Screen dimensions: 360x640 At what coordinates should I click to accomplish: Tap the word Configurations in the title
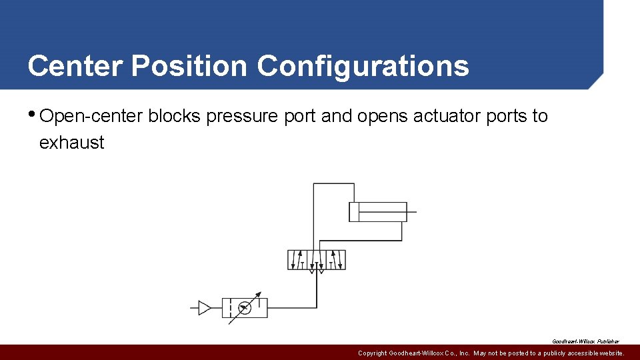[363, 66]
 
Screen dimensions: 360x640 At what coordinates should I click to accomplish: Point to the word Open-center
[91, 116]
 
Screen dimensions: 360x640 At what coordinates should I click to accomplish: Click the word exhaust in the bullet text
[71, 143]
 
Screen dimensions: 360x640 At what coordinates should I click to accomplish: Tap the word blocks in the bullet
[175, 116]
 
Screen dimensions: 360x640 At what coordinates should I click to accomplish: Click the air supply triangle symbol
[204, 308]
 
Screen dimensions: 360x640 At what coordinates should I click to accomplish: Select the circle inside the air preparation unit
[245, 308]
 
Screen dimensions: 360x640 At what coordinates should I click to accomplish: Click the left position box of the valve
[297, 260]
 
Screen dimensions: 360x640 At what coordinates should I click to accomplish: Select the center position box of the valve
[317, 260]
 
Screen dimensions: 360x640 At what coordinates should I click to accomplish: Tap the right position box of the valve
[336, 260]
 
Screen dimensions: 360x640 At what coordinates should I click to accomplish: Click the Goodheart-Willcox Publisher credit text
[585, 341]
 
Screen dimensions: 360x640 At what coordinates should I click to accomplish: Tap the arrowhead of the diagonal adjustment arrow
[259, 295]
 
